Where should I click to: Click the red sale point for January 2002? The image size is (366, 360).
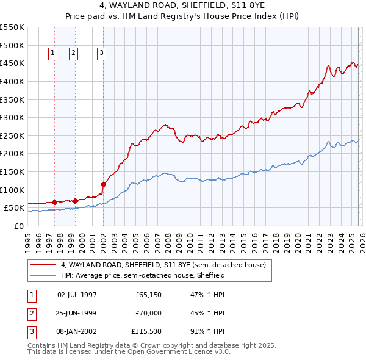tap(103, 184)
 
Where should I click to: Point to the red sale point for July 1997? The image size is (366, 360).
tap(54, 202)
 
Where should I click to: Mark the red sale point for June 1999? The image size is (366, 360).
tap(75, 200)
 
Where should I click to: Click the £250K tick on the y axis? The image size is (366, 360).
tap(12, 135)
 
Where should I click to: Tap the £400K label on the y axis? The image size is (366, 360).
tap(12, 81)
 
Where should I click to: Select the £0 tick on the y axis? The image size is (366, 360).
tap(18, 226)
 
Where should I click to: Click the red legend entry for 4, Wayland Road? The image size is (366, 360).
tap(163, 265)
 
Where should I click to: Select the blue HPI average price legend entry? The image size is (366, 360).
tap(143, 276)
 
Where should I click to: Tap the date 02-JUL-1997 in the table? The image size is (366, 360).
tap(77, 294)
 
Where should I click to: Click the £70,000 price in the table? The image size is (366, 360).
tap(148, 314)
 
